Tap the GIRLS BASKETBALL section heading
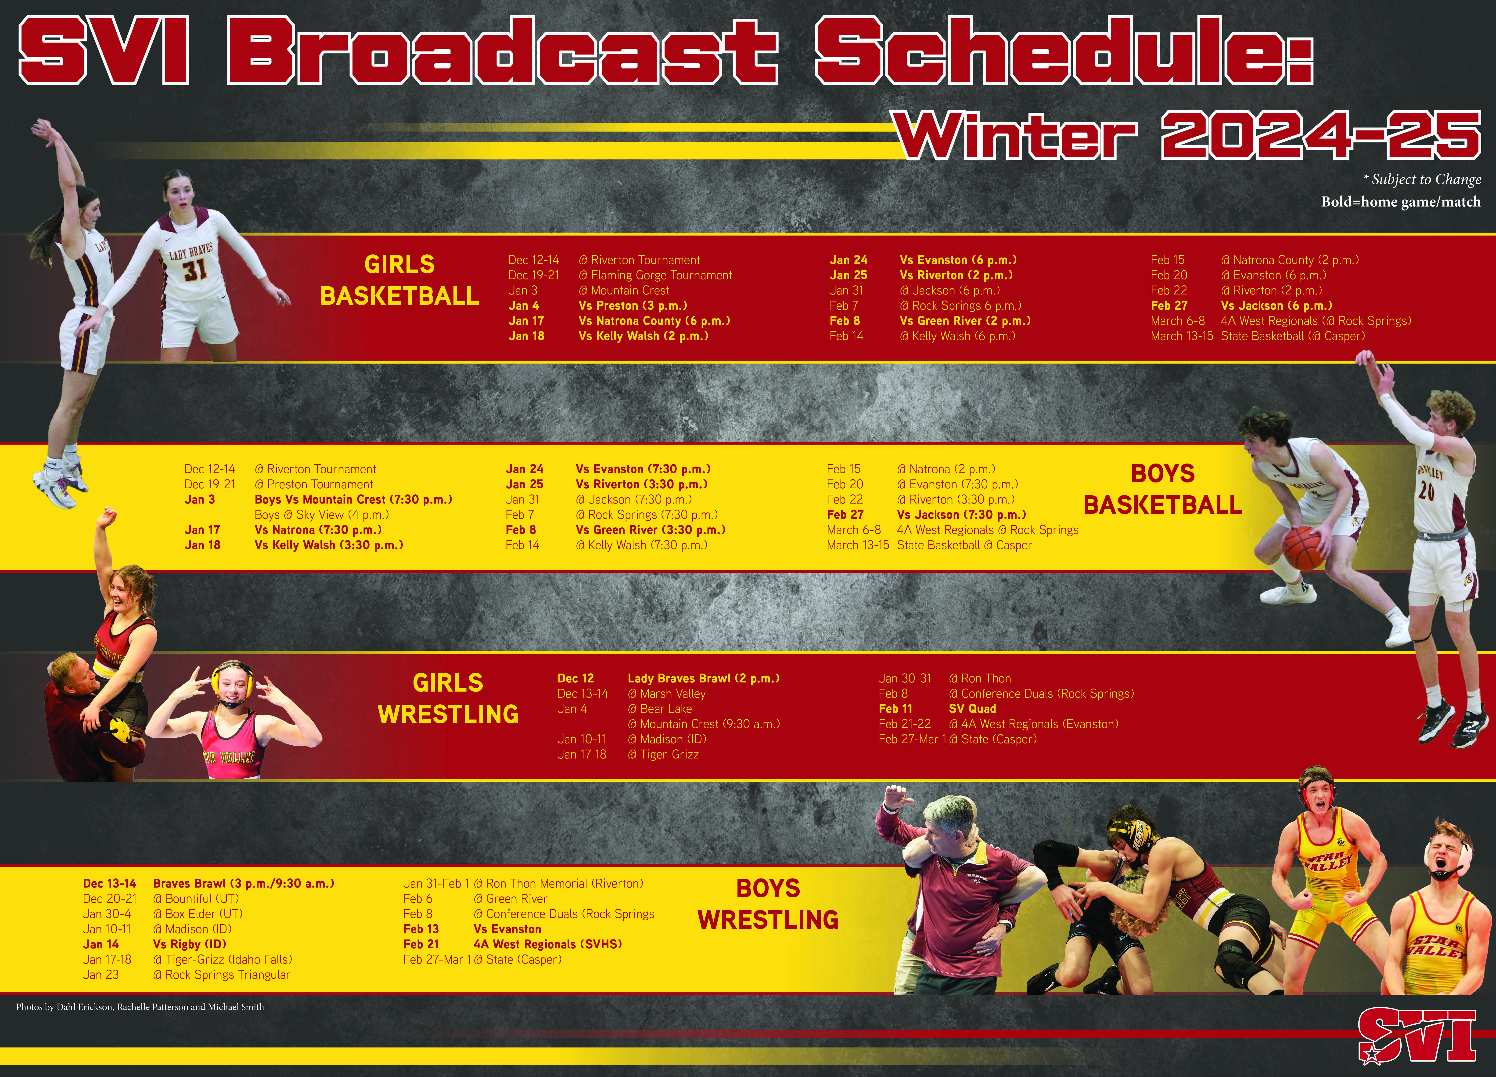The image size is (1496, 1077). coord(400,280)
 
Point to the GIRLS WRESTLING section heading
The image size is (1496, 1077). coord(448,698)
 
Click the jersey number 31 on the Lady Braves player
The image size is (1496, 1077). coord(194,270)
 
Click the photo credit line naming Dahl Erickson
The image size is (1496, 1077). coord(140,1007)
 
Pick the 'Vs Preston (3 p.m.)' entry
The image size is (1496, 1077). coord(633,305)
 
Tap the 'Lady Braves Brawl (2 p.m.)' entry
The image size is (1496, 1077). coord(703,678)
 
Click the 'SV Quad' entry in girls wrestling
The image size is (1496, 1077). coord(972,709)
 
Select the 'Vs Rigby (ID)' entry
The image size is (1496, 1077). coord(189,944)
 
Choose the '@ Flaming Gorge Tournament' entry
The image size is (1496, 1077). coord(655,275)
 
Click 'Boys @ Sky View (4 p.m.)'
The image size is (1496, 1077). coord(322,515)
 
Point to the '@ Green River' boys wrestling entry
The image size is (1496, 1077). coord(511,899)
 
